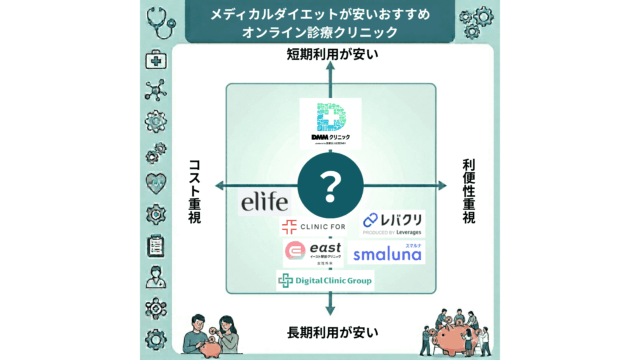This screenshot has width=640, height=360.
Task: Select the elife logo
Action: coord(264,201)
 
